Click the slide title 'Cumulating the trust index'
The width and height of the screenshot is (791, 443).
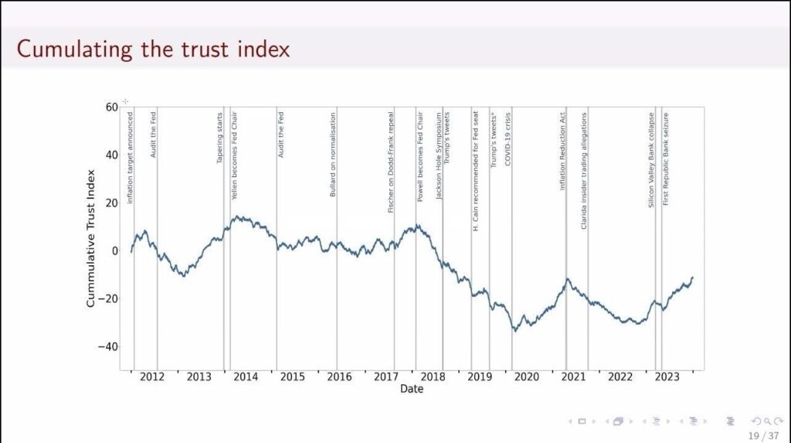click(x=153, y=49)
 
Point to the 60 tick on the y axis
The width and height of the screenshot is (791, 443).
click(x=113, y=107)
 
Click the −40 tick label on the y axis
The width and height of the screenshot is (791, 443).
click(x=107, y=346)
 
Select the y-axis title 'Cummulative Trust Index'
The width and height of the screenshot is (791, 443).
click(x=90, y=240)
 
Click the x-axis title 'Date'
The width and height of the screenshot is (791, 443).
click(x=412, y=389)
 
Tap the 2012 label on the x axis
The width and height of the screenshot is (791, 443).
click(x=151, y=377)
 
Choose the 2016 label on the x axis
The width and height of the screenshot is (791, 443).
click(x=339, y=377)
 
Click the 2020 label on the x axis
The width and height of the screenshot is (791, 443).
click(x=526, y=377)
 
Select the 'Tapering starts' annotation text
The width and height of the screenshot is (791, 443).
click(x=219, y=138)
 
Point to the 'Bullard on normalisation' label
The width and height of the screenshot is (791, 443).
click(x=333, y=155)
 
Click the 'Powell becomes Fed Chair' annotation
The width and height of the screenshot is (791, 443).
click(x=421, y=158)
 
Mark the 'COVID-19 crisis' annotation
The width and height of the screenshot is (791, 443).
click(x=508, y=139)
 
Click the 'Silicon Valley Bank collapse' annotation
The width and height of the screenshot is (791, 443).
click(x=652, y=160)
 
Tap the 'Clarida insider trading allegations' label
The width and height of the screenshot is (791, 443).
click(x=584, y=170)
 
